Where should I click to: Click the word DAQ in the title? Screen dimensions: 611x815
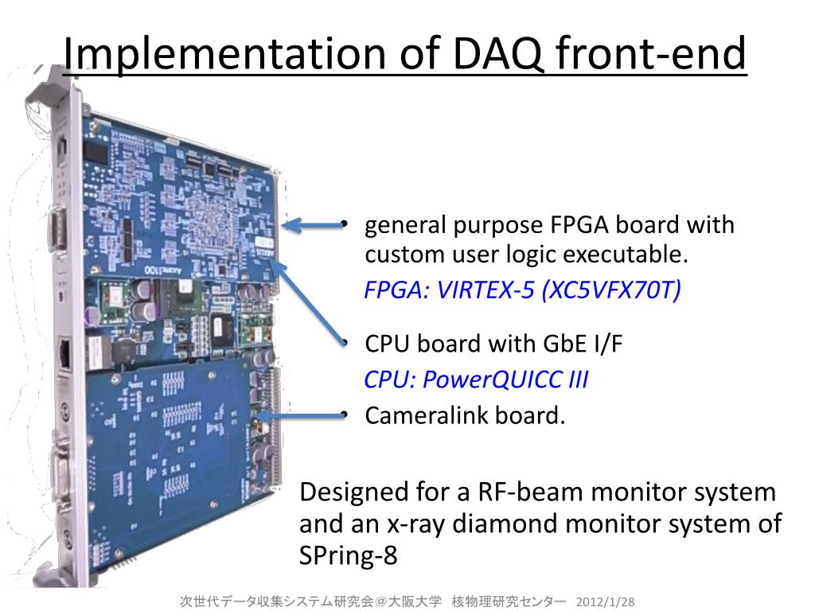click(492, 54)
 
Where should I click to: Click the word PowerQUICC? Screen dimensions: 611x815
click(493, 379)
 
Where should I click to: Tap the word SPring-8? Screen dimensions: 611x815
click(348, 555)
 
